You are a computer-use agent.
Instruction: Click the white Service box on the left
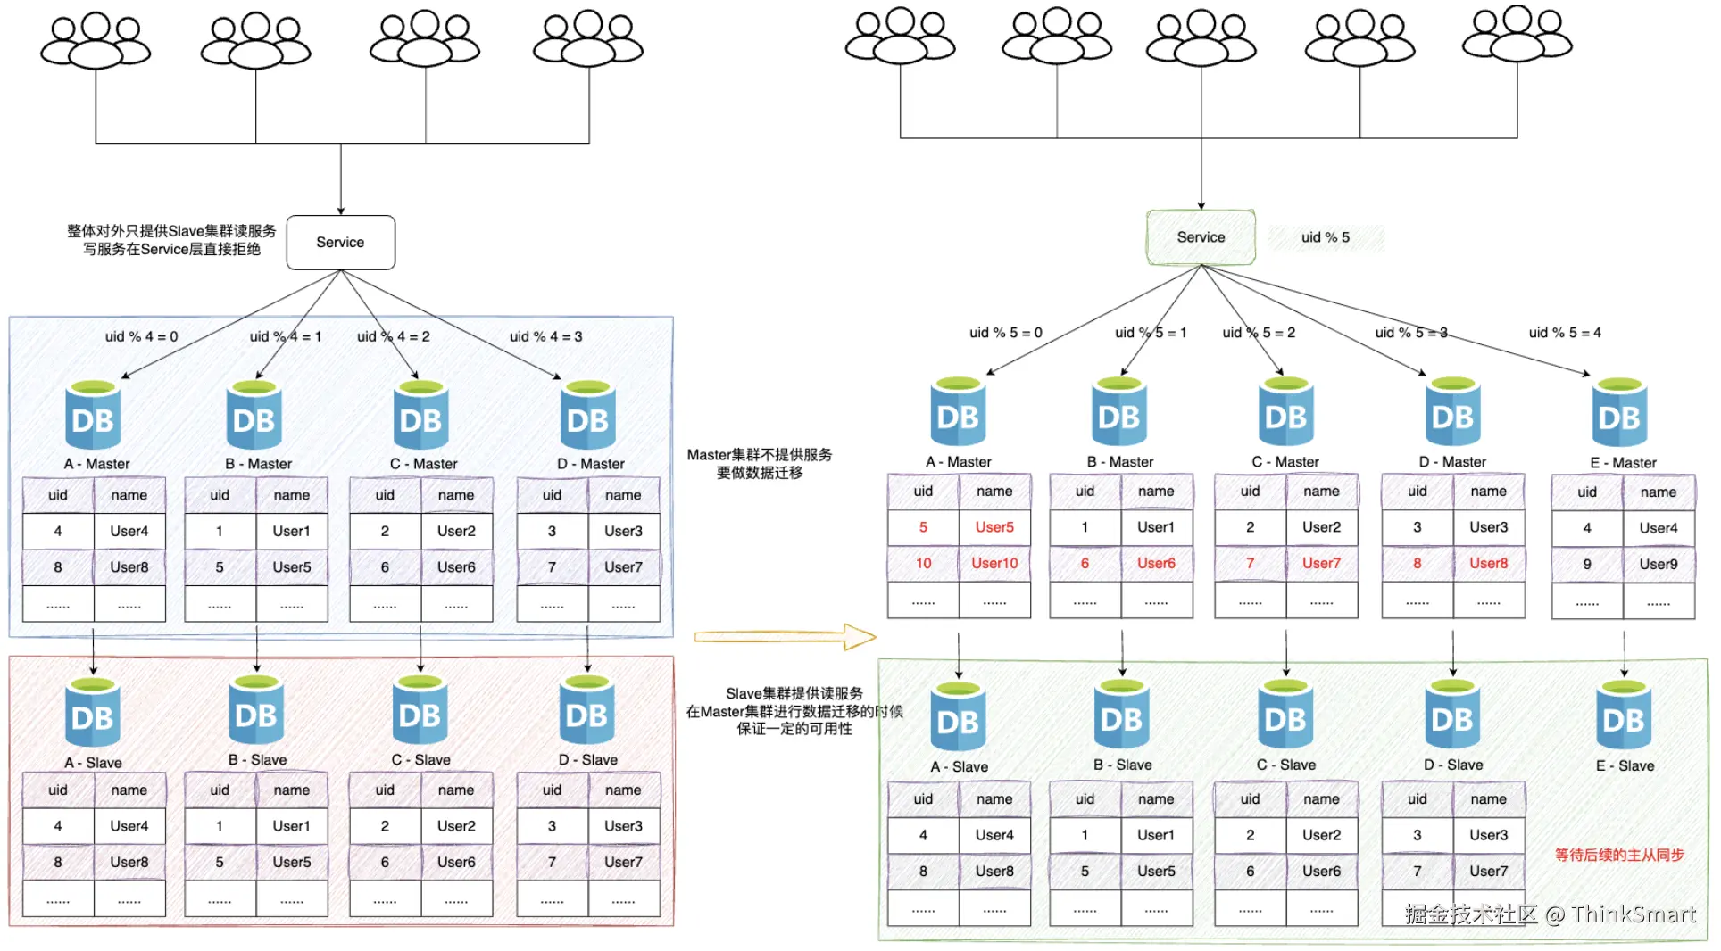click(340, 242)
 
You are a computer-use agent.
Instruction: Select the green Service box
click(1201, 237)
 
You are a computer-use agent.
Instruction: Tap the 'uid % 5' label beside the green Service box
click(1325, 237)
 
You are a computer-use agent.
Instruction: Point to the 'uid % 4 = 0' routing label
click(141, 336)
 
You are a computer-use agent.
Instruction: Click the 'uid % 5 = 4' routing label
click(1564, 333)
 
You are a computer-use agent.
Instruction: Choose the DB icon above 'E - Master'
click(1619, 415)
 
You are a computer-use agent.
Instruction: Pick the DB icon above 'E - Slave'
click(1623, 718)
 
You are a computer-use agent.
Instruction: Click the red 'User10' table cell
click(994, 563)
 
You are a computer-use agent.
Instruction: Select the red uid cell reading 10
click(923, 563)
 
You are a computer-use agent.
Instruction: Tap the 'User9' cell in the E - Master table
click(1658, 564)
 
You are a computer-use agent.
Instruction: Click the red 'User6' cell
click(1156, 563)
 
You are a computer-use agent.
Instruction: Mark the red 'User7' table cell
click(1321, 563)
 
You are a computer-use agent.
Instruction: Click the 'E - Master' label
click(1623, 463)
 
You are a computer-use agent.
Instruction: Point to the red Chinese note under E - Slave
click(1618, 855)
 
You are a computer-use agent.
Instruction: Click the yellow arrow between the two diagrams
click(784, 636)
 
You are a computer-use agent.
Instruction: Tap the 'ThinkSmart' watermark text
click(1633, 914)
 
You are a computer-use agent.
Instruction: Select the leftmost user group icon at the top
click(96, 42)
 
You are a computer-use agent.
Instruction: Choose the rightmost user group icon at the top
click(1517, 36)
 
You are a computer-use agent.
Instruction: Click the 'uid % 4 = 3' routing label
click(545, 336)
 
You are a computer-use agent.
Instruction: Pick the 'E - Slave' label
click(1625, 765)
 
